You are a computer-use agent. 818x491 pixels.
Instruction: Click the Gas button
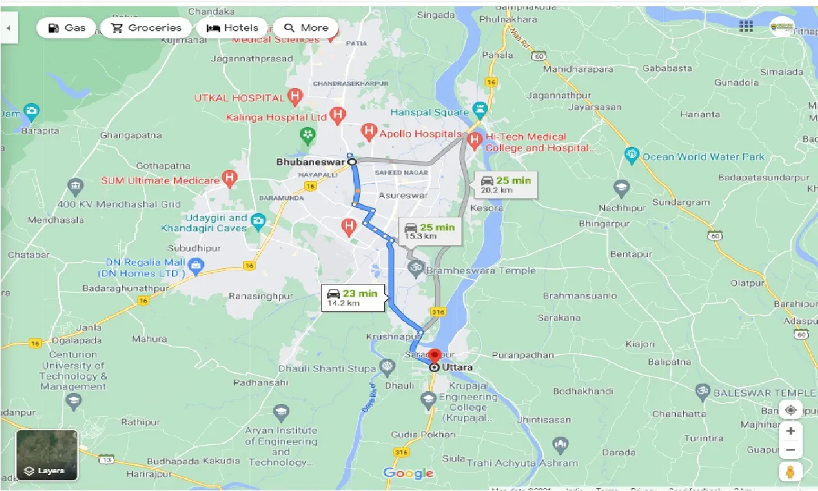pos(66,28)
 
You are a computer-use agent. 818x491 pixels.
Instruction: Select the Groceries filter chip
pos(146,28)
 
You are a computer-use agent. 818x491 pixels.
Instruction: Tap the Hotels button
pos(233,28)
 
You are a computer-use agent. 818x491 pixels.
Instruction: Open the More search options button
pos(306,28)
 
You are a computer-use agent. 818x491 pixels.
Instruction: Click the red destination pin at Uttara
pos(435,355)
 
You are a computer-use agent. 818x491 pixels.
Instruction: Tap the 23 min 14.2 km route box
pos(353,298)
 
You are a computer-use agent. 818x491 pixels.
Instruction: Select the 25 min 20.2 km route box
pos(505,185)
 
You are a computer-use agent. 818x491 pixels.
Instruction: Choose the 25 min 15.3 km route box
pos(429,231)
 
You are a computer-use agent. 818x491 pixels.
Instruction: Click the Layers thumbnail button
pos(47,455)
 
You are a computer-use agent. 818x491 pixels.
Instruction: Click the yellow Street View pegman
pos(791,472)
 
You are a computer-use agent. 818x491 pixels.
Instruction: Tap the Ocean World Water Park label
pos(703,157)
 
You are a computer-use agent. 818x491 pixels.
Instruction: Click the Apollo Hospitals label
pos(420,134)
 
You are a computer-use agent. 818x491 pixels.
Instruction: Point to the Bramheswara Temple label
pos(481,270)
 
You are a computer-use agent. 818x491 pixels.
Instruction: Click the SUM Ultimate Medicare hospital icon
pos(229,178)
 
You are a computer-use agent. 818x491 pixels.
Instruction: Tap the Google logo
pos(408,473)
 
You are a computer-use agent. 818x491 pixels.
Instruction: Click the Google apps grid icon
pos(746,26)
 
